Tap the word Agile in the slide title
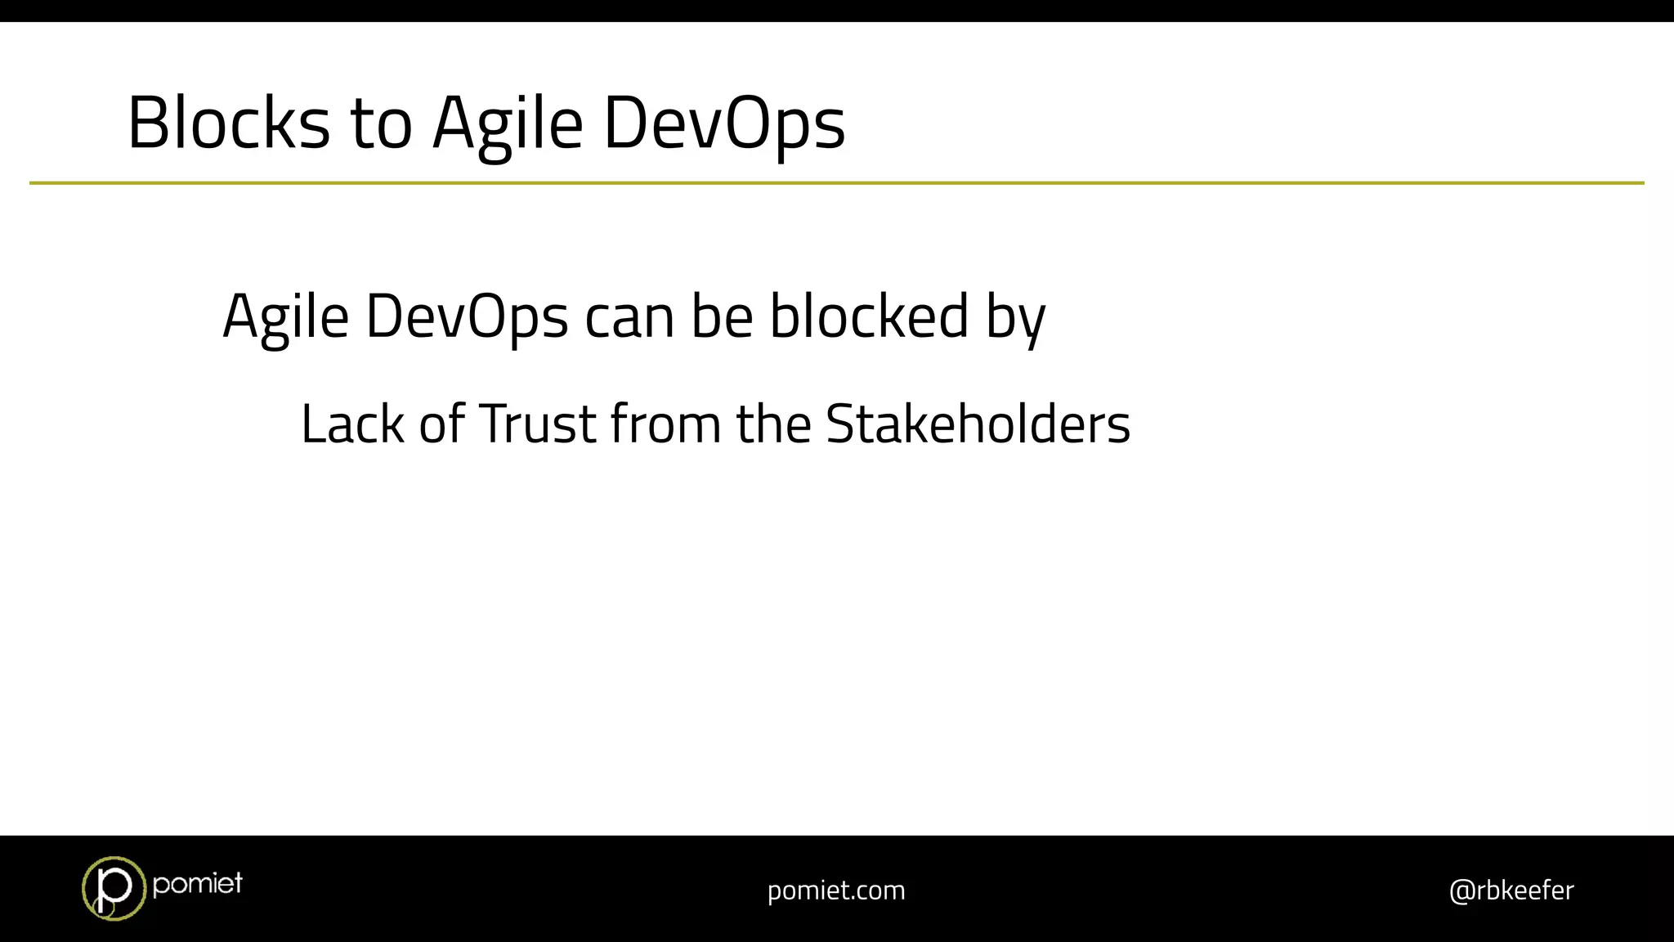508,124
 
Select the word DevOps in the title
724,124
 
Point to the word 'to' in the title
381,124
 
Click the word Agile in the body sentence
286,317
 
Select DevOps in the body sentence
467,317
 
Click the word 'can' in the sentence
629,317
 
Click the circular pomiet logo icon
113,888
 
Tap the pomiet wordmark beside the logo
197,883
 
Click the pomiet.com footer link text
836,890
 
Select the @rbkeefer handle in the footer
1511,890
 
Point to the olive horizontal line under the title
836,183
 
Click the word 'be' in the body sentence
722,317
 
